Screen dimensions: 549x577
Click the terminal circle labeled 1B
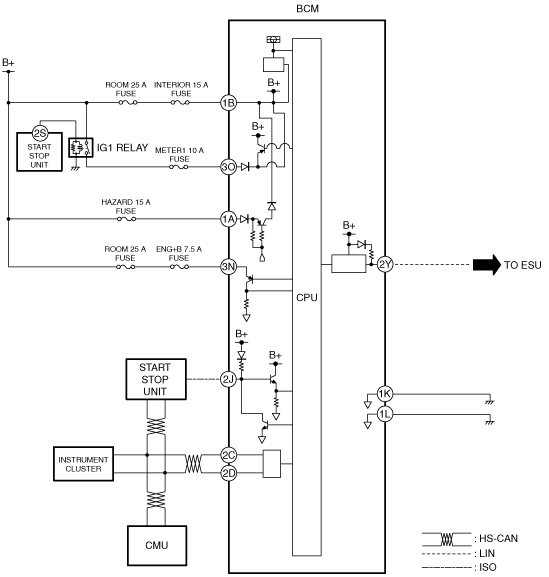(x=229, y=103)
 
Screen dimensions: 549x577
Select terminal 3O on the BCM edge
(x=229, y=167)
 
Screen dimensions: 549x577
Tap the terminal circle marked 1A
(x=229, y=219)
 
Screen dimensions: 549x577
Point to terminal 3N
(x=229, y=266)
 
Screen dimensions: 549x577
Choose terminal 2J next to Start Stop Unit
(x=229, y=379)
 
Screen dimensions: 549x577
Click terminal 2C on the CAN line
(x=229, y=455)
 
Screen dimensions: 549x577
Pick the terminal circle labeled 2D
(x=229, y=473)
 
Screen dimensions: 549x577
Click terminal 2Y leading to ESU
(x=385, y=264)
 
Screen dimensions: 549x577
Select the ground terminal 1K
(x=385, y=394)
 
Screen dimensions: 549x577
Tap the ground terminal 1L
(x=385, y=415)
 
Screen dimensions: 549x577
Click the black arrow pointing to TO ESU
(x=487, y=265)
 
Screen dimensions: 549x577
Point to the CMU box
(x=157, y=545)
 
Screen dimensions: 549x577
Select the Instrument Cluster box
(x=84, y=464)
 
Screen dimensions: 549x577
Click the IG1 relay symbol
(x=81, y=148)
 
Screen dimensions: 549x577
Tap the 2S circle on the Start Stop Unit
(x=40, y=133)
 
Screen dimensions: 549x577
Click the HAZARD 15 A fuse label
(x=126, y=206)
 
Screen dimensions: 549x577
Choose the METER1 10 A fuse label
(x=179, y=155)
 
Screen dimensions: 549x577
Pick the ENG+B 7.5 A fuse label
(x=179, y=254)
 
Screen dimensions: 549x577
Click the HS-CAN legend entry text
(x=496, y=538)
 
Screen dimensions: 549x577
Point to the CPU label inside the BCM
(x=307, y=297)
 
